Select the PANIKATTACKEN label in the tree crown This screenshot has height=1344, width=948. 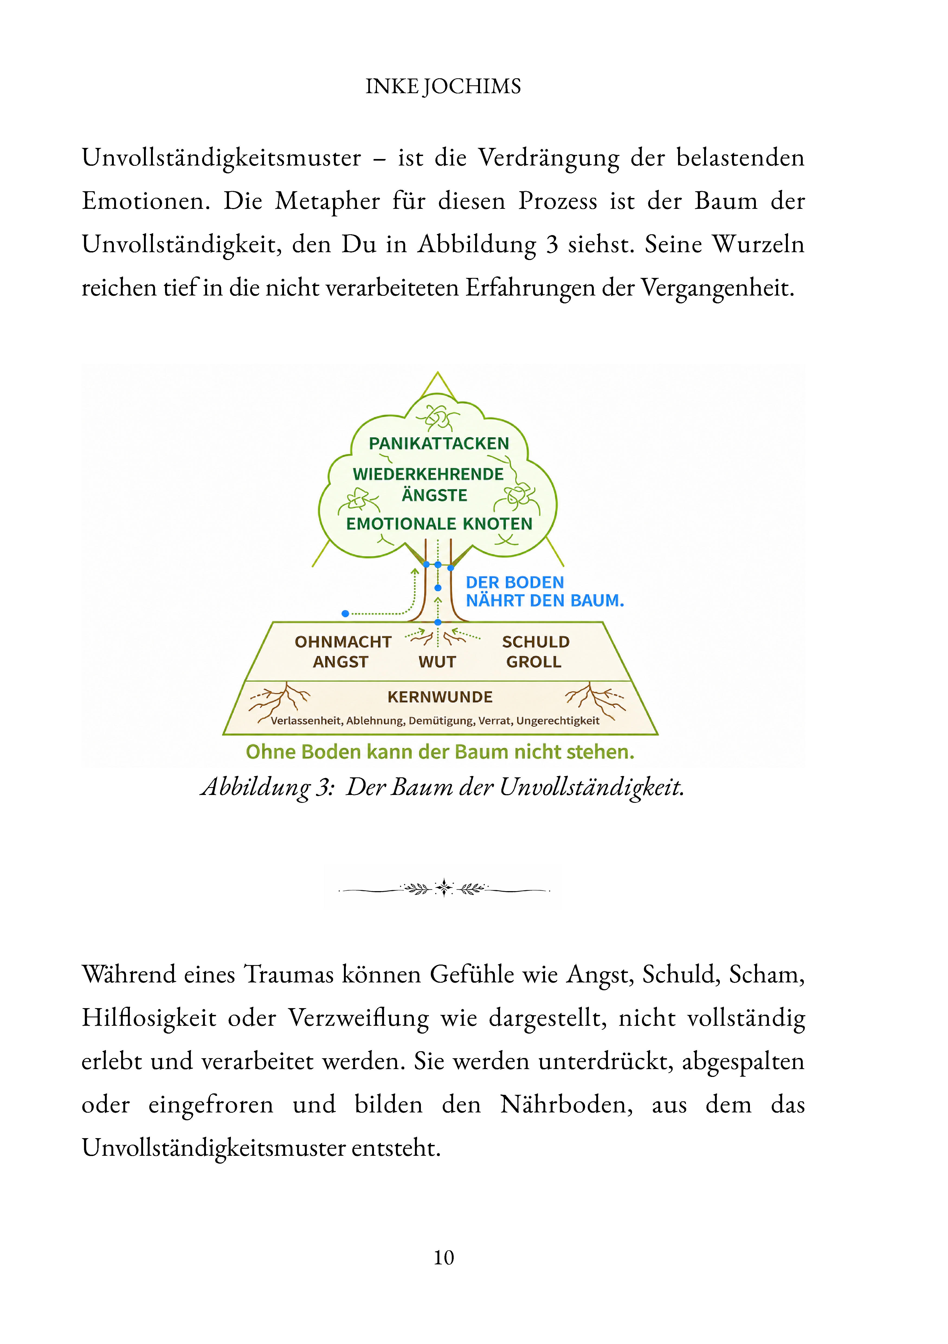point(438,443)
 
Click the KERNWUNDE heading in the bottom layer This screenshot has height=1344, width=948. point(440,697)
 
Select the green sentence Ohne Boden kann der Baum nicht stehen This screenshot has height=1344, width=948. point(440,752)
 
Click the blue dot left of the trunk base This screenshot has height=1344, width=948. point(346,613)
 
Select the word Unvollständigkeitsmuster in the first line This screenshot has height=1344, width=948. point(221,158)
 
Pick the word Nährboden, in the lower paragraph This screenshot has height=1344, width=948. point(566,1105)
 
